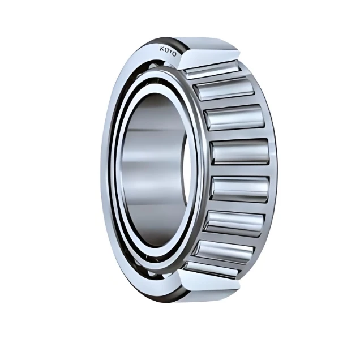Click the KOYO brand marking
click(168, 51)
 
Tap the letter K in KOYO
click(161, 48)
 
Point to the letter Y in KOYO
click(170, 52)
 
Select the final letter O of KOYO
click(175, 55)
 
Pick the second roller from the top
click(226, 89)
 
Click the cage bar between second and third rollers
click(229, 103)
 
